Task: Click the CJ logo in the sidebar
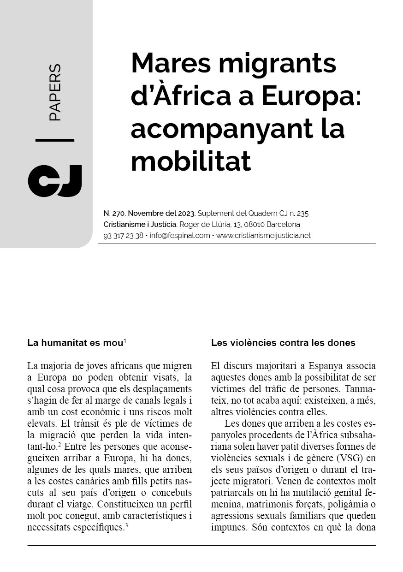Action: [x=55, y=180]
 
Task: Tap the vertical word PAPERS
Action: [x=54, y=93]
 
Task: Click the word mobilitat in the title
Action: [x=191, y=161]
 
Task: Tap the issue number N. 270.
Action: [x=114, y=214]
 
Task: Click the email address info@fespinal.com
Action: [x=180, y=235]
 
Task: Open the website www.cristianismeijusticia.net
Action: [x=263, y=235]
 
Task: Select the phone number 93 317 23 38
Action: [x=123, y=235]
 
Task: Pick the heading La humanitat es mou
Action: [x=75, y=343]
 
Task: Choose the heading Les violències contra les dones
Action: [x=283, y=343]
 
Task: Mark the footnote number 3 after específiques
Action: [x=126, y=524]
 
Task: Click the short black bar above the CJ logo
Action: [x=54, y=140]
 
